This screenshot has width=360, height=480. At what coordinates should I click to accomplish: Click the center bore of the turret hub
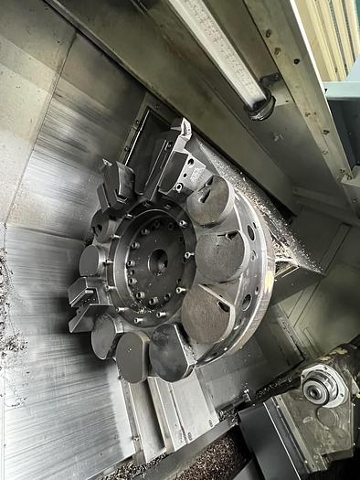click(158, 261)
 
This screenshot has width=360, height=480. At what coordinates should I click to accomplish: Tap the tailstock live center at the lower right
click(315, 391)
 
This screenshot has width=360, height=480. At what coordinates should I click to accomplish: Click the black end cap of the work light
click(262, 107)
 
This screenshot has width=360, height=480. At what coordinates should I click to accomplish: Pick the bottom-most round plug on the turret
click(170, 352)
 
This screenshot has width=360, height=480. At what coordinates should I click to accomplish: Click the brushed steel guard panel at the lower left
click(55, 411)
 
